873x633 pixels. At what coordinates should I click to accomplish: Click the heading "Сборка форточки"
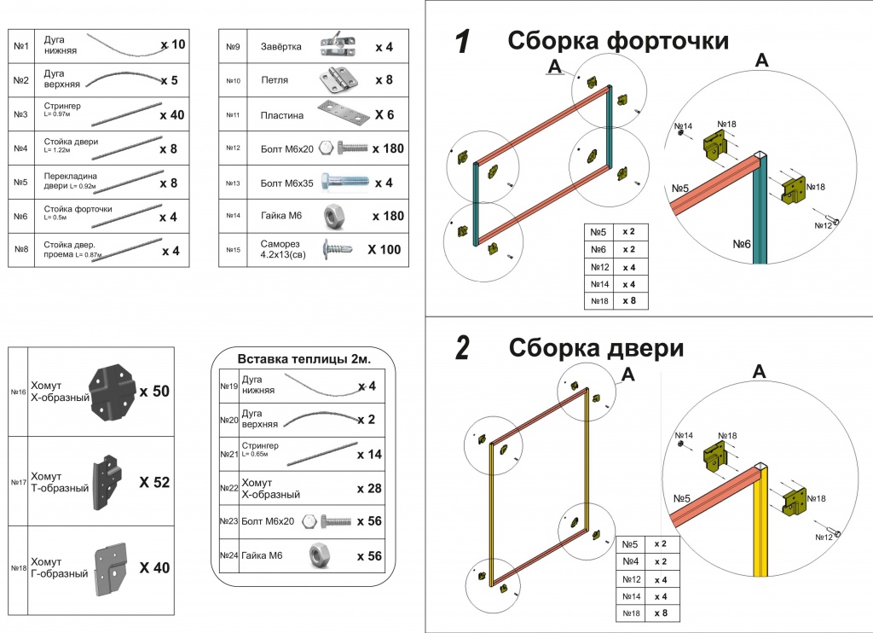pyautogui.click(x=617, y=41)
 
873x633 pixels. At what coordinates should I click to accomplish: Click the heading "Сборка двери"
pyautogui.click(x=596, y=348)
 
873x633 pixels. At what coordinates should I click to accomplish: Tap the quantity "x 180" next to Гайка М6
pyautogui.click(x=388, y=216)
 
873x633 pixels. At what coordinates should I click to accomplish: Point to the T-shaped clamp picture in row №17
pyautogui.click(x=106, y=483)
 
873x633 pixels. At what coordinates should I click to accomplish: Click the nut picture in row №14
pyautogui.click(x=333, y=217)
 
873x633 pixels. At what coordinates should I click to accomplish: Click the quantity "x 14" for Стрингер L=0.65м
pyautogui.click(x=369, y=455)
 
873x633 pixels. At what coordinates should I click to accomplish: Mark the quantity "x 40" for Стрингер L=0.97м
pyautogui.click(x=171, y=114)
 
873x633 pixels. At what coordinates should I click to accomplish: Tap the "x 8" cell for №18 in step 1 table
pyautogui.click(x=629, y=301)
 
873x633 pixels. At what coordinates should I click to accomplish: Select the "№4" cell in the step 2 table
pyautogui.click(x=631, y=561)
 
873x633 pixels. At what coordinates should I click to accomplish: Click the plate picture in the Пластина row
pyautogui.click(x=341, y=112)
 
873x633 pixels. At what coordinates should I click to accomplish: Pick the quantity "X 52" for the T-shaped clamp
pyautogui.click(x=154, y=482)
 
